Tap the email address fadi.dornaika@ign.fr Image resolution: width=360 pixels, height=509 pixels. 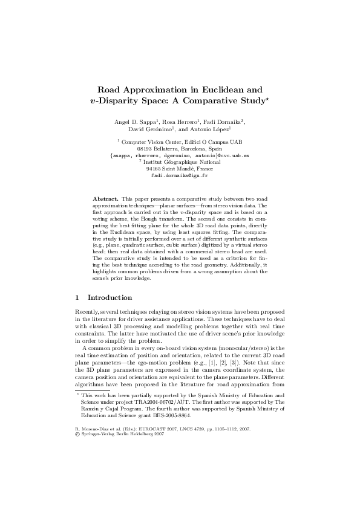coord(179,176)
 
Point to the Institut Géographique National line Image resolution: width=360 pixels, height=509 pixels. coord(181,162)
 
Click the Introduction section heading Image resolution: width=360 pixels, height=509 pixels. coord(110,297)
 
